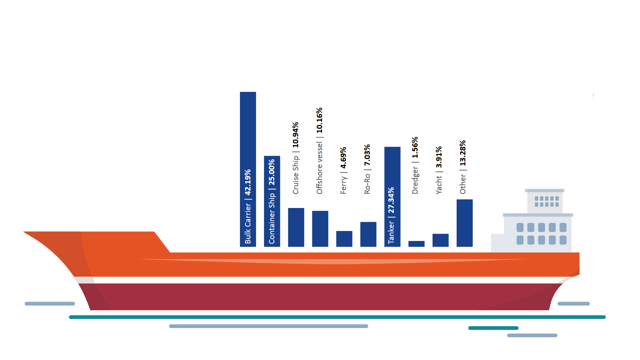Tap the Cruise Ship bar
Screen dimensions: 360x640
click(296, 227)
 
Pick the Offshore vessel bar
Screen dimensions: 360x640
click(320, 229)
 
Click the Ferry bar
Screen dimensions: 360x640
click(344, 239)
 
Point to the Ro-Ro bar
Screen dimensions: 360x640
click(368, 234)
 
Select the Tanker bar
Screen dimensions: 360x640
click(392, 167)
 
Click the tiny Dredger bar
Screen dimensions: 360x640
click(416, 244)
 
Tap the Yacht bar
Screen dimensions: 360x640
click(440, 240)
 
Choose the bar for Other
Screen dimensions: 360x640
click(465, 223)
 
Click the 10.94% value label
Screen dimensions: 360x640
click(296, 135)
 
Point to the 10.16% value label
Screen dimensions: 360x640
click(319, 120)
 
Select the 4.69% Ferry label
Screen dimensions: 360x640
click(343, 158)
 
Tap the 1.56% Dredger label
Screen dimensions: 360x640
click(415, 147)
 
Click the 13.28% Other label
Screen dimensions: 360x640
click(463, 153)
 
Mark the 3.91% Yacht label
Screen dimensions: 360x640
click(439, 157)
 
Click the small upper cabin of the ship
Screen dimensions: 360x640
click(545, 201)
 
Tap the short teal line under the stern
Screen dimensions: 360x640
click(493, 328)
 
